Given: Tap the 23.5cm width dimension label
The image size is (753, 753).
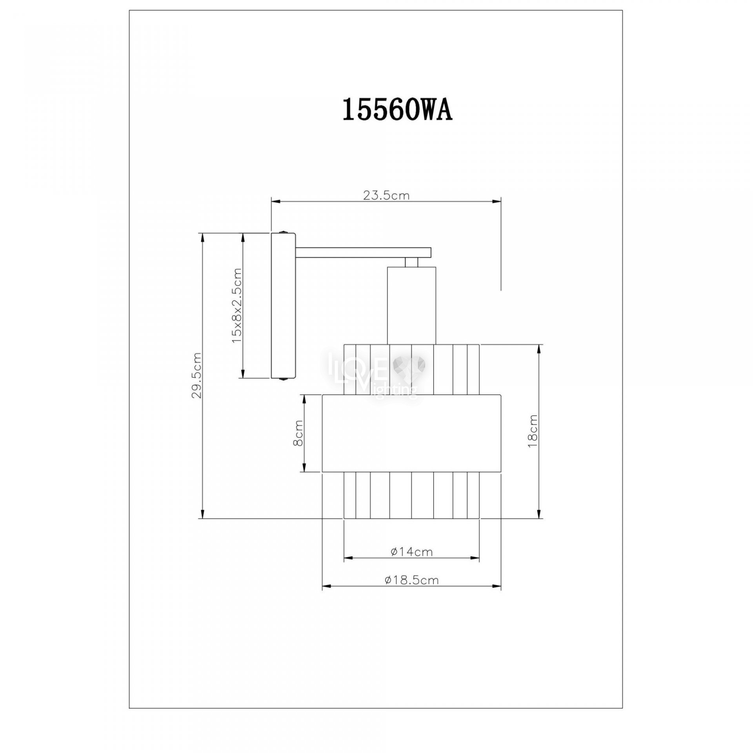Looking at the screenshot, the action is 386,195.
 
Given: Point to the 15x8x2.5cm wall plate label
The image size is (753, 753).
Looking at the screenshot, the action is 237,306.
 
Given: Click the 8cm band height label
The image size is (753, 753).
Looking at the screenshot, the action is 298,433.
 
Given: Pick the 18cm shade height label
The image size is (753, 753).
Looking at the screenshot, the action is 533,431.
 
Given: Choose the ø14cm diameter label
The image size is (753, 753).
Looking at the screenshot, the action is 411,552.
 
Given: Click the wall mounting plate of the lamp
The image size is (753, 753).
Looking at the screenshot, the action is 283,306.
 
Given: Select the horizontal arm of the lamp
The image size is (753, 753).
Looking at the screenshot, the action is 364,253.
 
